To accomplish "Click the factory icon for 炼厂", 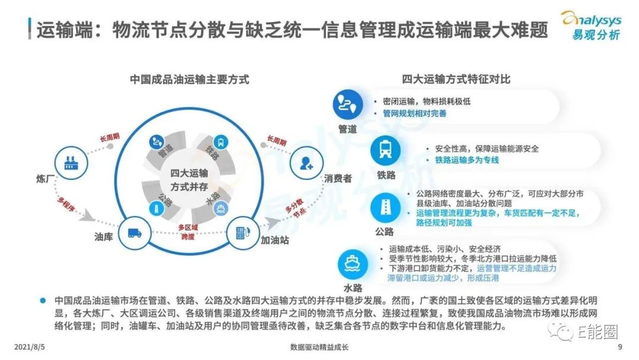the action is pos(71,163).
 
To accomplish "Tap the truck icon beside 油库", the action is pos(134,233).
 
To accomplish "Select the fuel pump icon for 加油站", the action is pos(243,233).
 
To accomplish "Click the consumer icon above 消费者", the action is pos(306,163).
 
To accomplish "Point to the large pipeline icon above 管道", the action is pos(348,105).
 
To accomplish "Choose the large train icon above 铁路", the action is pos(385,150).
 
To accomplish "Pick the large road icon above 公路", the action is pos(385,207).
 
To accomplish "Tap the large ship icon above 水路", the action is pos(353,263).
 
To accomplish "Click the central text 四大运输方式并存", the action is pos(189,180).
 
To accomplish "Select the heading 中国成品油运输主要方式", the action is pos(189,79).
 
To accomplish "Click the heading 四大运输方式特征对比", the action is pos(456,79).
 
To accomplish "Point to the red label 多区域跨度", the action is pos(188,232).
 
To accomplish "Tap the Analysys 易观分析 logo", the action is pos(592,25).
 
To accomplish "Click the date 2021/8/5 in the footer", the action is pos(30,347).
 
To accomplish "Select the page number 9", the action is pos(620,347).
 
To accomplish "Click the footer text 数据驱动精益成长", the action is pos(319,347).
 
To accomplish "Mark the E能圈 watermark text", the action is pos(598,332).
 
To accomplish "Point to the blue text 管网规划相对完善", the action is pos(414,113).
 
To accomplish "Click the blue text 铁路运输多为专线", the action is pos(467,160).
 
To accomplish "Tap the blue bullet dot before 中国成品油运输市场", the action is pos(43,301).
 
